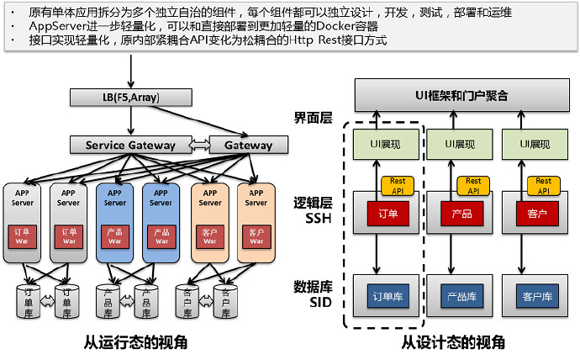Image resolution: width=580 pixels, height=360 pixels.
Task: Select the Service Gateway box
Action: click(x=130, y=145)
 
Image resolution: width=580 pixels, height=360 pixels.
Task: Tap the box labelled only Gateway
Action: click(x=247, y=145)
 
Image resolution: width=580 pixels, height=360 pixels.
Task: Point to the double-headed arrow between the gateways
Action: click(x=200, y=145)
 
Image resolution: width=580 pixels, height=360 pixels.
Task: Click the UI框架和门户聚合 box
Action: click(x=461, y=95)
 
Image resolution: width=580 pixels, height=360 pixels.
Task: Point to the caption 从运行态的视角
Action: click(x=135, y=342)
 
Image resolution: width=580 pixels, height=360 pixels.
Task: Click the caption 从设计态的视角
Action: click(x=453, y=342)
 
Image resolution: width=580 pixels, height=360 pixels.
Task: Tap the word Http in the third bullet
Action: click(x=305, y=40)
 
